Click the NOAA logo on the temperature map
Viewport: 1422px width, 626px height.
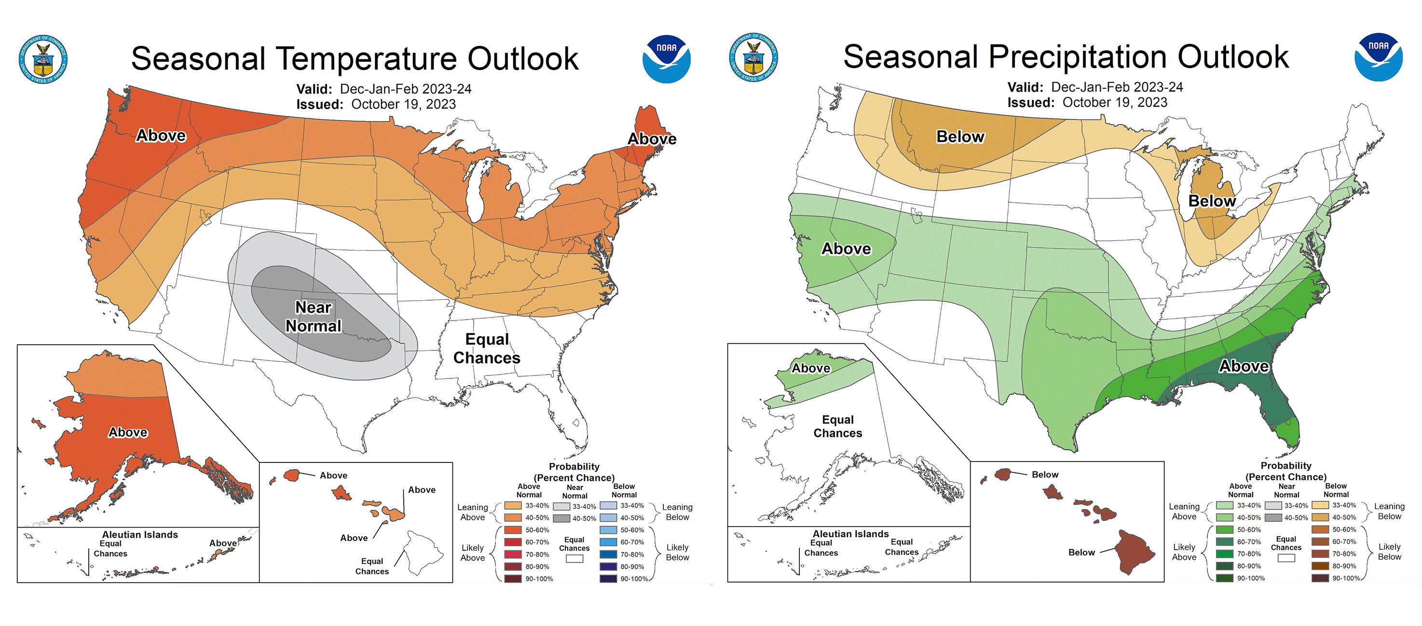point(666,59)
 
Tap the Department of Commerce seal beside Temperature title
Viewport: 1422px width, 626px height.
point(43,59)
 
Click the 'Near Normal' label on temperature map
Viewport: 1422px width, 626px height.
point(314,317)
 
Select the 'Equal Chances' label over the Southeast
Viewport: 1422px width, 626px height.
point(487,348)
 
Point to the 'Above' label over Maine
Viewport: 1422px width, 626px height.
point(652,139)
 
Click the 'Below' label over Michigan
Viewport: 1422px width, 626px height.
point(1212,201)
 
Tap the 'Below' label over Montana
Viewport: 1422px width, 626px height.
point(960,137)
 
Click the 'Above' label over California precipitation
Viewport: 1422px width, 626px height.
point(846,249)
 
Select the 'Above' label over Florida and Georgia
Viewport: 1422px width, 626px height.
point(1244,366)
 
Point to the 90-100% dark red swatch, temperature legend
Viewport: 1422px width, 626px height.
point(513,579)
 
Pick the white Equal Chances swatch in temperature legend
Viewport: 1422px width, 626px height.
point(574,558)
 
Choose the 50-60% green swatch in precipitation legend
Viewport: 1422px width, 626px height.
point(1224,529)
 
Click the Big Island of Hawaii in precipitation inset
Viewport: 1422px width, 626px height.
point(1135,553)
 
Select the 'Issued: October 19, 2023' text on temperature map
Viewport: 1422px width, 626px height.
point(376,104)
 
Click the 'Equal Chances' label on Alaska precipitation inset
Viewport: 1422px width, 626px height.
point(837,426)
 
